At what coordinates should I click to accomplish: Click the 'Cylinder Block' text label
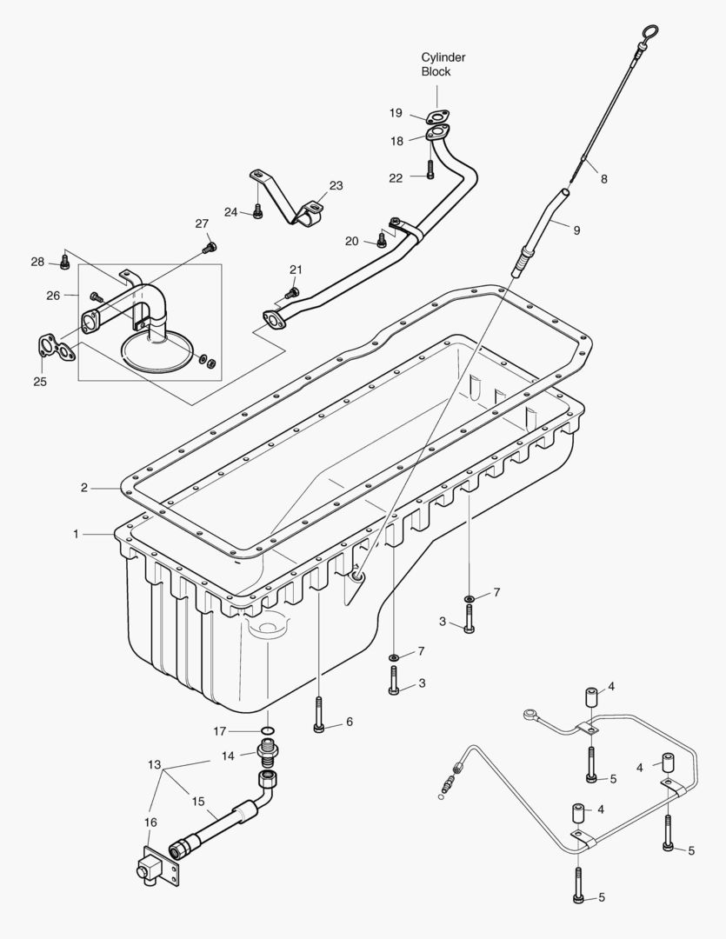click(443, 64)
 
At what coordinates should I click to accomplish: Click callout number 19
click(396, 113)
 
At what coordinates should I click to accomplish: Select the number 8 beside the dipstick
click(603, 179)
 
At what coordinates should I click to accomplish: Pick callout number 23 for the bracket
click(336, 185)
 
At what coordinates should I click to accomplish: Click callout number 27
click(202, 223)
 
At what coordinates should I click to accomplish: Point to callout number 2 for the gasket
click(84, 488)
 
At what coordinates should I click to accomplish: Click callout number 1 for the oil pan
click(77, 534)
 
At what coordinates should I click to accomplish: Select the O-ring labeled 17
click(270, 729)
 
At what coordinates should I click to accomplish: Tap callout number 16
click(150, 822)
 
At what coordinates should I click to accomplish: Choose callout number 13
click(155, 765)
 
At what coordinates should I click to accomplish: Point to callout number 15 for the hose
click(198, 801)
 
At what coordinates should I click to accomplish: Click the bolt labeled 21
click(293, 292)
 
